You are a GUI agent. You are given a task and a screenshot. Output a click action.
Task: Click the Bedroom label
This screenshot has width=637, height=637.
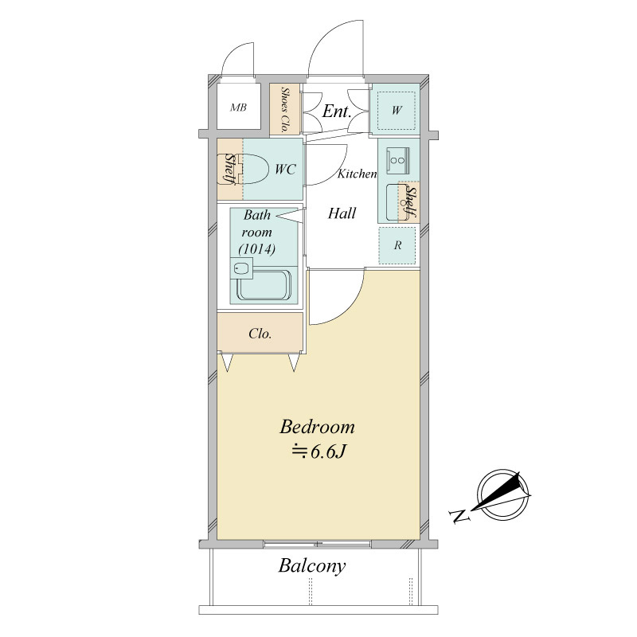317,427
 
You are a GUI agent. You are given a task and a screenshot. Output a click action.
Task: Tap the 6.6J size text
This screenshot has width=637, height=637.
319,451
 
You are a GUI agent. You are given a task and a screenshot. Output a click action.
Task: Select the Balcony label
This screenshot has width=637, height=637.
312,565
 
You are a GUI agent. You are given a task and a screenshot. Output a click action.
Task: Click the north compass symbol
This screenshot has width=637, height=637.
502,494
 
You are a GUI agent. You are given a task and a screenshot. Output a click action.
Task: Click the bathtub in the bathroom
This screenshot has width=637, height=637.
264,285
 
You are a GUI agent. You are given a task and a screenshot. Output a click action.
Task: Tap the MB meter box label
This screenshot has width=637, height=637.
238,107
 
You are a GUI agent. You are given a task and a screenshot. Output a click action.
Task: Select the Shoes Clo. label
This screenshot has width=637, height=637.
285,110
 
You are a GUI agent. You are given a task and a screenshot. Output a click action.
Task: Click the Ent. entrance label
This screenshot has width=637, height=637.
337,111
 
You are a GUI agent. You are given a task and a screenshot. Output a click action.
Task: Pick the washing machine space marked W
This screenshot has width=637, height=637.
396,110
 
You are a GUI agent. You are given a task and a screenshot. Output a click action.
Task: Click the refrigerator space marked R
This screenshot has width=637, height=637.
397,245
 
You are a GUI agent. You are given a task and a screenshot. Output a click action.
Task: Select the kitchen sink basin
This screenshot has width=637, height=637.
396,202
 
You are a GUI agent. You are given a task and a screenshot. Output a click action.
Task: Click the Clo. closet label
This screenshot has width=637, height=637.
260,334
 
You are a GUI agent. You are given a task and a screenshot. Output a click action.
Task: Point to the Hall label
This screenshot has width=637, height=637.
342,213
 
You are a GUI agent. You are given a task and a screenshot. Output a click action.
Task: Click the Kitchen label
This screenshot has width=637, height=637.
357,174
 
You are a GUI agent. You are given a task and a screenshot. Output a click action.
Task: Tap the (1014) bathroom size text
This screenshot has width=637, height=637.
256,248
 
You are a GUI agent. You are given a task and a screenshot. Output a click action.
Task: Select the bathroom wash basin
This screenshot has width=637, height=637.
241,268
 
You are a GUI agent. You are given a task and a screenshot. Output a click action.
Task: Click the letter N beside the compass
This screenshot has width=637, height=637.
460,516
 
